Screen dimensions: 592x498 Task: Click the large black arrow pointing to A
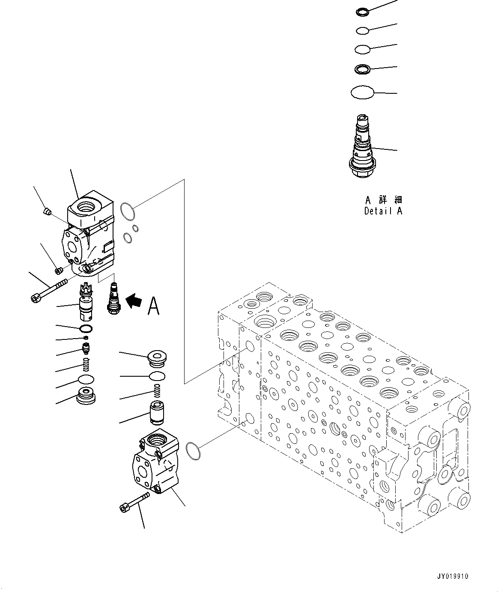pos(134,301)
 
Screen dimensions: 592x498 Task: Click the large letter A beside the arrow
pos(154,306)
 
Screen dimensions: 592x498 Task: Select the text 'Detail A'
pos(383,211)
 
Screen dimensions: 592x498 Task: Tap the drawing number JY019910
pos(453,576)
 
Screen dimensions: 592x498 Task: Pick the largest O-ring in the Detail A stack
pos(362,92)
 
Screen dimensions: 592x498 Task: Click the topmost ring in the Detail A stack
pos(361,12)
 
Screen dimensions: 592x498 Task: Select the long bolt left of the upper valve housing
pos(49,291)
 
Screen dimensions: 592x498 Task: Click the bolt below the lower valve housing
pos(134,502)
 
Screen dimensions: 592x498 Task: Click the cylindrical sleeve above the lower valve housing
pos(157,413)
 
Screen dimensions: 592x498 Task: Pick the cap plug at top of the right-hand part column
pos(157,358)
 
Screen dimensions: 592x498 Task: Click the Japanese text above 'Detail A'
pos(383,200)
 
